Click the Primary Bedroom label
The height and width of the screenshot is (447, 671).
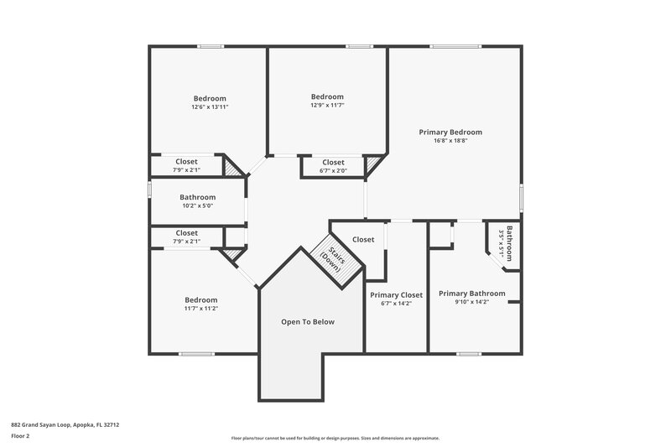click(x=451, y=132)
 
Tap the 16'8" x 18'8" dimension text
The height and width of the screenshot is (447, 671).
click(x=451, y=141)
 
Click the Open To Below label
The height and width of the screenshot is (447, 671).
click(x=308, y=321)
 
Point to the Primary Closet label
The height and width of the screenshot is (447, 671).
click(x=396, y=294)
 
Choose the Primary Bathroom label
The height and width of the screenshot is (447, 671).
click(x=471, y=294)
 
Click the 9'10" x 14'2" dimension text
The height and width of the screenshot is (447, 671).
click(x=471, y=303)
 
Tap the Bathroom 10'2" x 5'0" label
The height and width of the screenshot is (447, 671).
click(x=197, y=198)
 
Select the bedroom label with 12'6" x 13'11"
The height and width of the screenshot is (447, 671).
click(x=210, y=98)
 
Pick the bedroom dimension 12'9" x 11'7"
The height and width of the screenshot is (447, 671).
click(x=327, y=106)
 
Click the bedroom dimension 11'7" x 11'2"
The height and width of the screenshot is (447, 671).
click(x=201, y=309)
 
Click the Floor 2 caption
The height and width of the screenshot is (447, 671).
click(x=21, y=436)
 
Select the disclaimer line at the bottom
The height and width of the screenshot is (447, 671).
click(x=335, y=438)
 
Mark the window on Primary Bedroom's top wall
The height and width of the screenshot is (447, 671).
click(x=455, y=47)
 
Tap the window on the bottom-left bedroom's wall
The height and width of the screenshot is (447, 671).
click(x=195, y=353)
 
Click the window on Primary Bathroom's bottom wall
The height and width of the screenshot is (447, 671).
click(x=468, y=353)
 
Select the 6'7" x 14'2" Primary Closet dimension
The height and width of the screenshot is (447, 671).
click(x=396, y=303)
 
